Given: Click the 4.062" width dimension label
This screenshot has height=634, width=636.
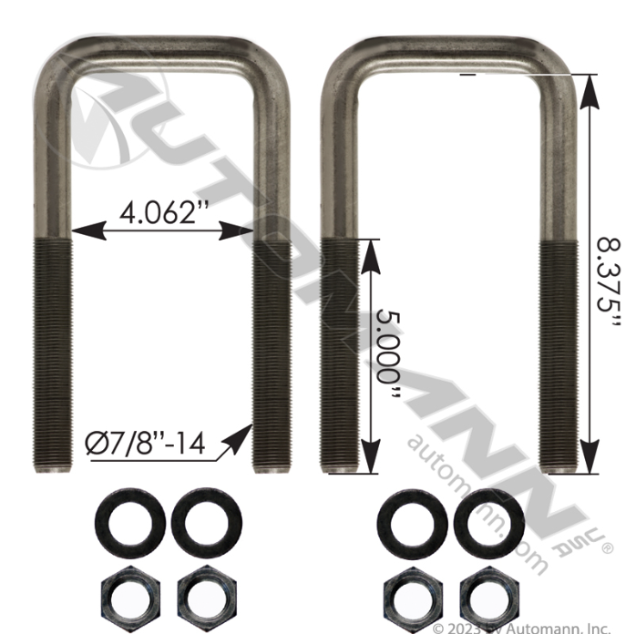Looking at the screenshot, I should click(x=160, y=213).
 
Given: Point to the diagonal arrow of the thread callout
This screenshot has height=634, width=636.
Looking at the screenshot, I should click(x=233, y=439).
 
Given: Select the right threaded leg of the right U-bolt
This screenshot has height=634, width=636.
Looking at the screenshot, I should click(x=558, y=355).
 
